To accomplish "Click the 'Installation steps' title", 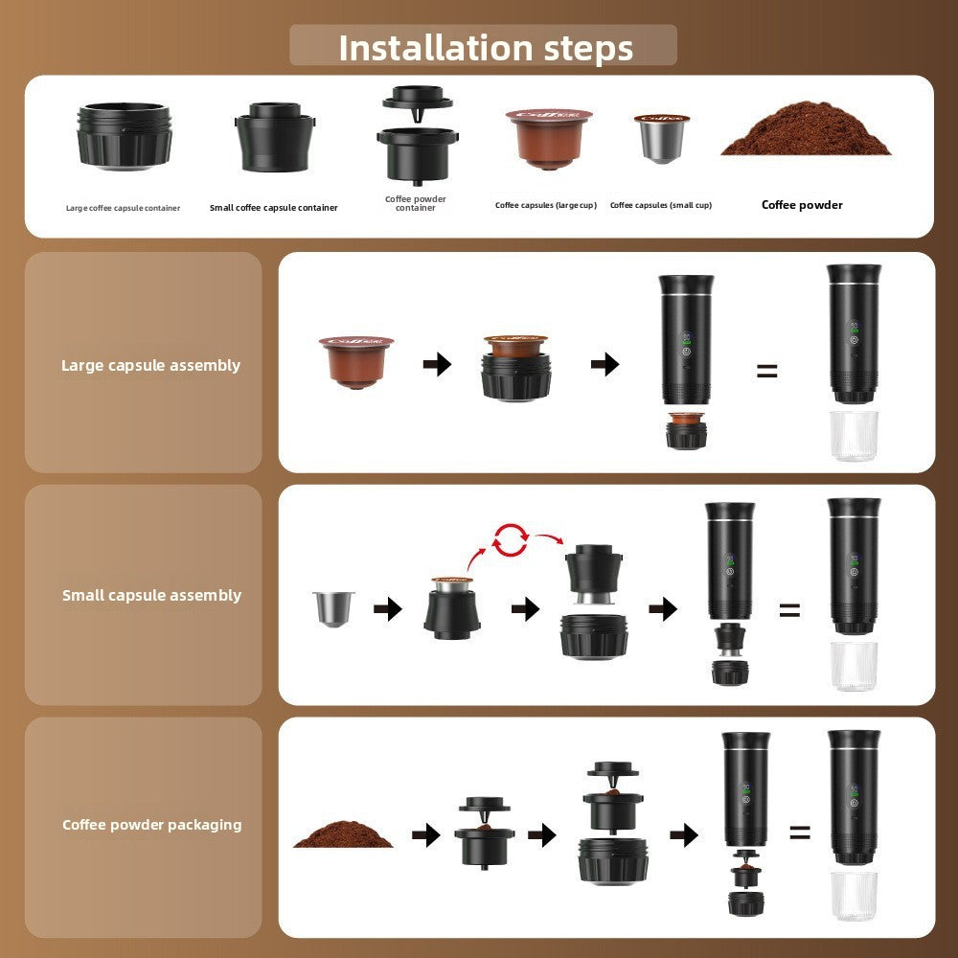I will (485, 47).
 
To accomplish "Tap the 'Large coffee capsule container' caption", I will (123, 208).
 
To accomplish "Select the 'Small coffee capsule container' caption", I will (273, 208).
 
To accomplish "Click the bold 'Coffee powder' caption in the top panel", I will (802, 205).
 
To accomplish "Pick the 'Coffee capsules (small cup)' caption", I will (660, 205).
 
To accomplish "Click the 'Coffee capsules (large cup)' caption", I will (545, 205).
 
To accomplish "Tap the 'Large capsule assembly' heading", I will (150, 365).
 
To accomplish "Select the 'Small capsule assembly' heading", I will (151, 595).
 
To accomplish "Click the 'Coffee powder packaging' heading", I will (151, 825).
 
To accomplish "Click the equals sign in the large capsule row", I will (766, 371).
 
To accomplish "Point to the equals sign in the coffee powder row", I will (800, 833).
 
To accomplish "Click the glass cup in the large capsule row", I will (853, 436).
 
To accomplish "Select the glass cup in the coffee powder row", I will (854, 896).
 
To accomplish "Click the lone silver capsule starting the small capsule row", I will (333, 608).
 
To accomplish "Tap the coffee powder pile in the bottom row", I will (343, 833).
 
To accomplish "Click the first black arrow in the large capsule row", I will (437, 364).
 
